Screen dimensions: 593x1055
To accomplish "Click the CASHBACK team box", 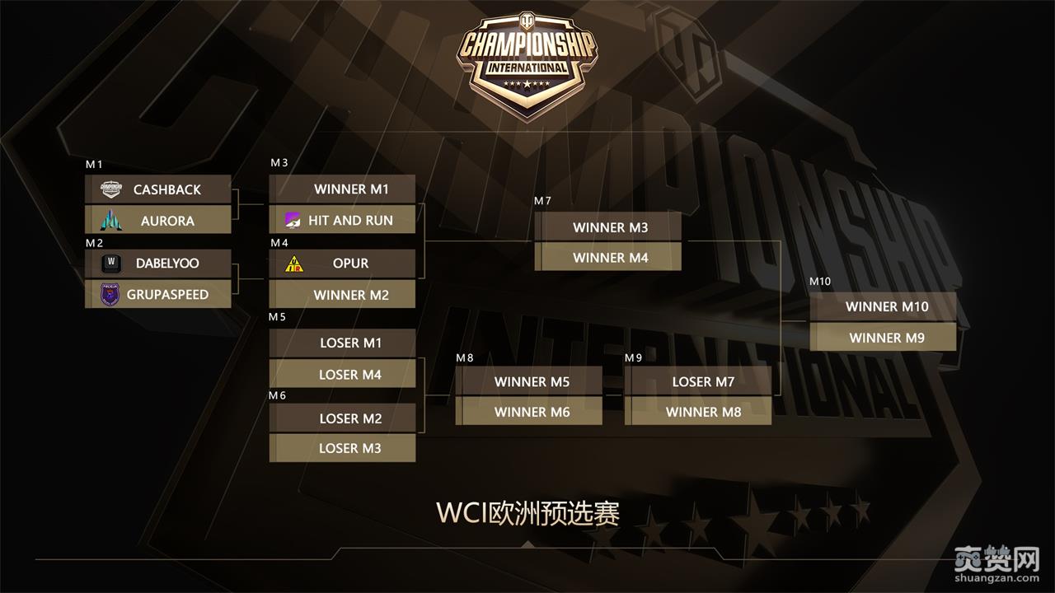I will pyautogui.click(x=158, y=189).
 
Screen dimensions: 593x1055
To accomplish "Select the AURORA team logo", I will pyautogui.click(x=110, y=220).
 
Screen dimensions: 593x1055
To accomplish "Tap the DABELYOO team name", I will pyautogui.click(x=167, y=264).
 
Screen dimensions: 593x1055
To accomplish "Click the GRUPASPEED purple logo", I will pyautogui.click(x=110, y=294).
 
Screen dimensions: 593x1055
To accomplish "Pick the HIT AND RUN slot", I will pyautogui.click(x=342, y=220).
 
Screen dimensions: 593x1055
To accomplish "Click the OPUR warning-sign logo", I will pyautogui.click(x=293, y=264).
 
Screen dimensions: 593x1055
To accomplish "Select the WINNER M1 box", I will pyautogui.click(x=342, y=189).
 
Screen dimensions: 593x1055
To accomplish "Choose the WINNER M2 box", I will pyautogui.click(x=342, y=294).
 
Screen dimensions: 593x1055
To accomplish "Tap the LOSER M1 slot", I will pyautogui.click(x=342, y=343).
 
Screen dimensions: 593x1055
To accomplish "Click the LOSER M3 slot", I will pyautogui.click(x=342, y=448).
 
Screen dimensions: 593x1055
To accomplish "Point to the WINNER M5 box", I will pyautogui.click(x=529, y=381).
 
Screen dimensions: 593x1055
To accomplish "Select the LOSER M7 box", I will pyautogui.click(x=698, y=381).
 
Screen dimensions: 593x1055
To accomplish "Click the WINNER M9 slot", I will pyautogui.click(x=883, y=337).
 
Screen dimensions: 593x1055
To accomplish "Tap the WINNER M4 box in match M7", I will pyautogui.click(x=608, y=257).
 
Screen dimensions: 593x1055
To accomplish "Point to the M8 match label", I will pyautogui.click(x=465, y=357).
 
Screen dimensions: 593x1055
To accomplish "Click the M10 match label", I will pyautogui.click(x=820, y=282).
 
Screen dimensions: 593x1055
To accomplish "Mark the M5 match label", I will pyautogui.click(x=277, y=317).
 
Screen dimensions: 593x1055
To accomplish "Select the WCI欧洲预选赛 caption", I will pyautogui.click(x=527, y=512).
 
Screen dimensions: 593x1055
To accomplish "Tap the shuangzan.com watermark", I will pyautogui.click(x=996, y=565).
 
